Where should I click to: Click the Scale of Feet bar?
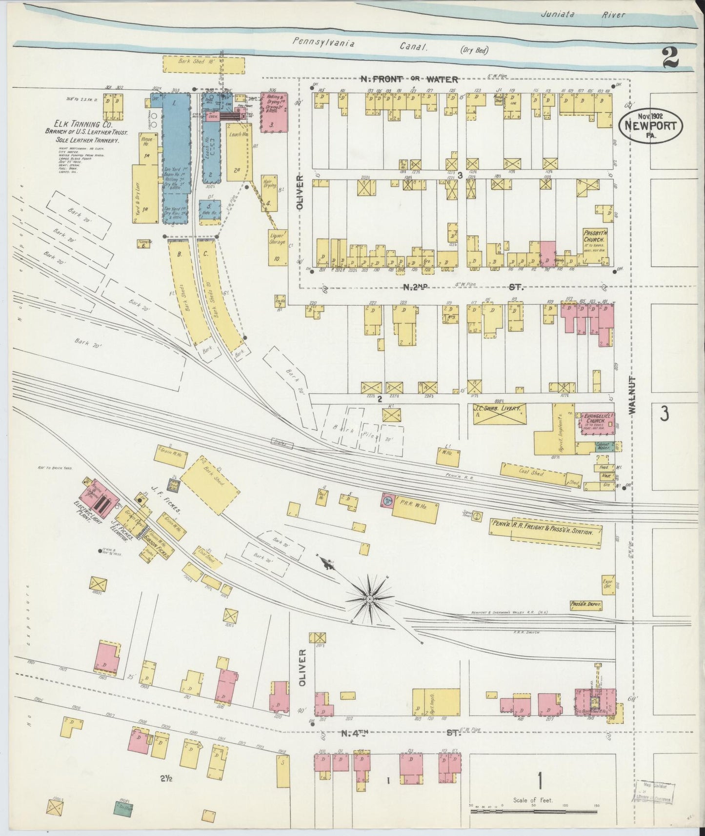pos(534,813)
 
